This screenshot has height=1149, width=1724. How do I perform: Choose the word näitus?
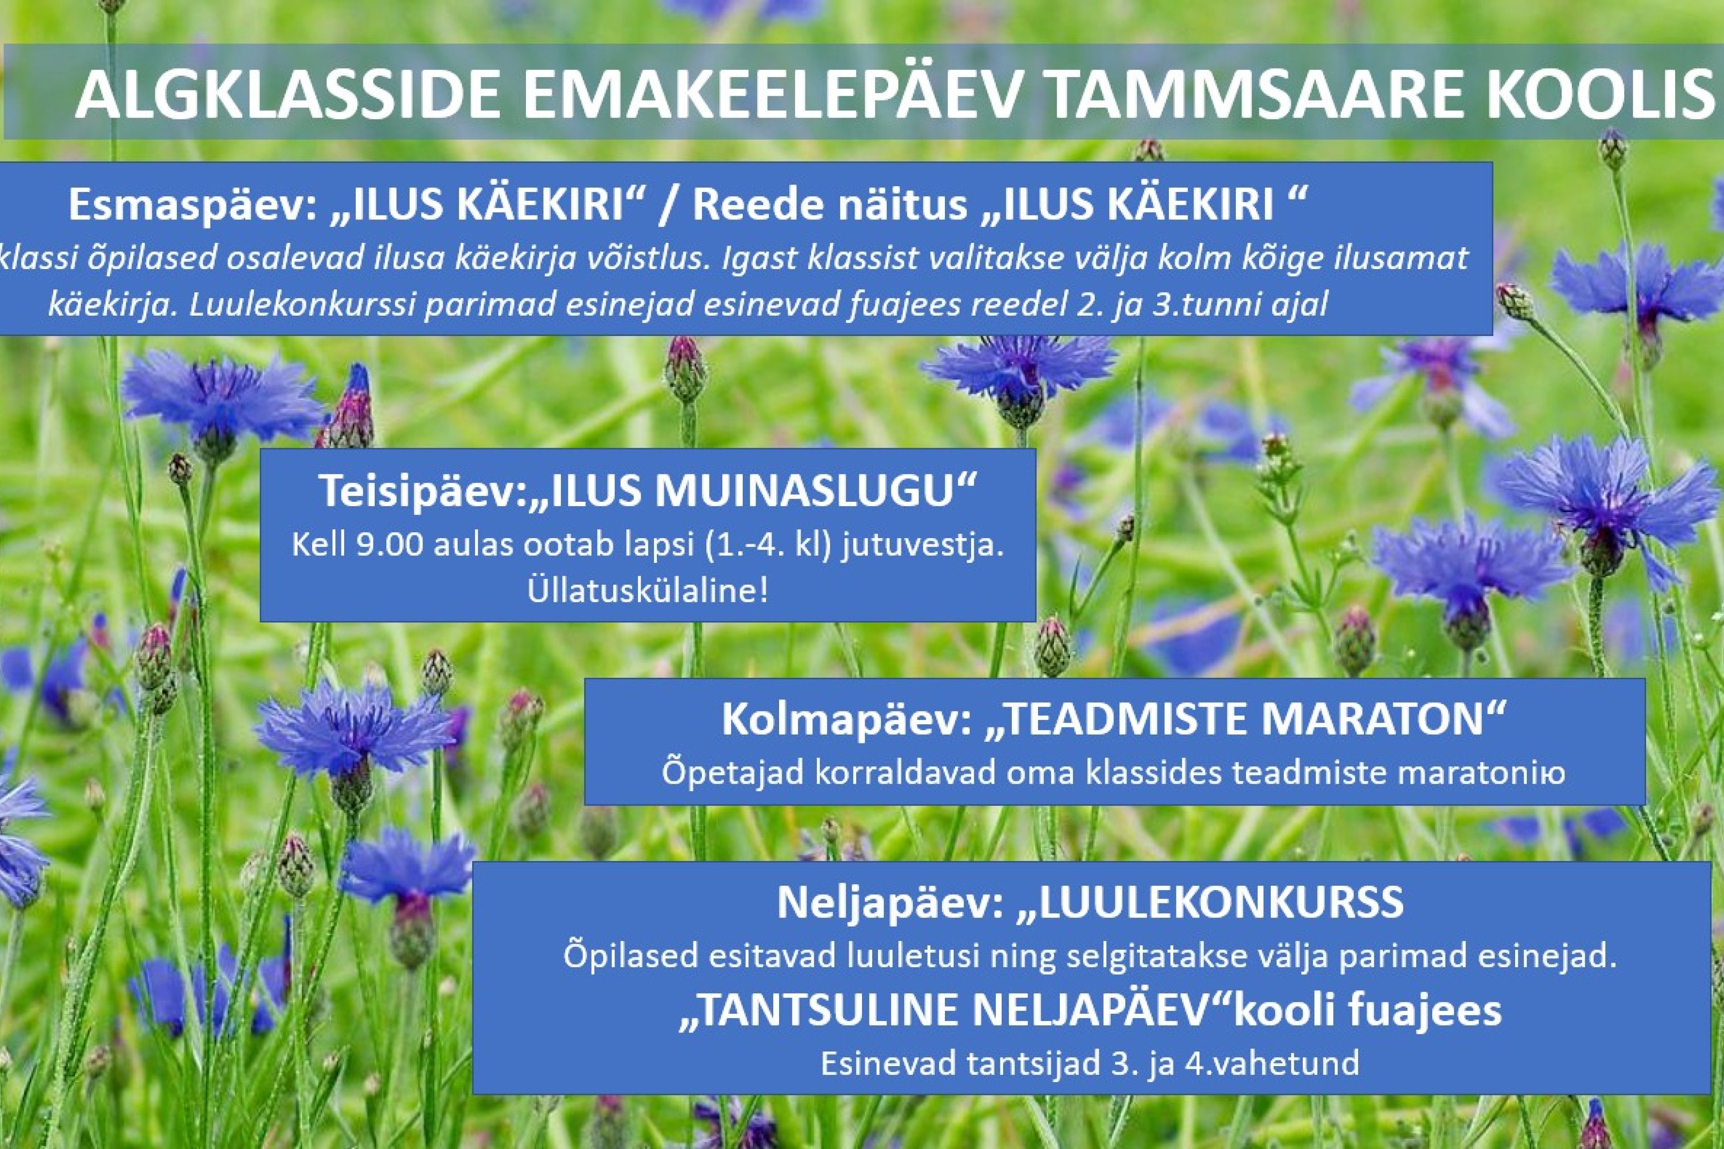[x=885, y=206]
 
